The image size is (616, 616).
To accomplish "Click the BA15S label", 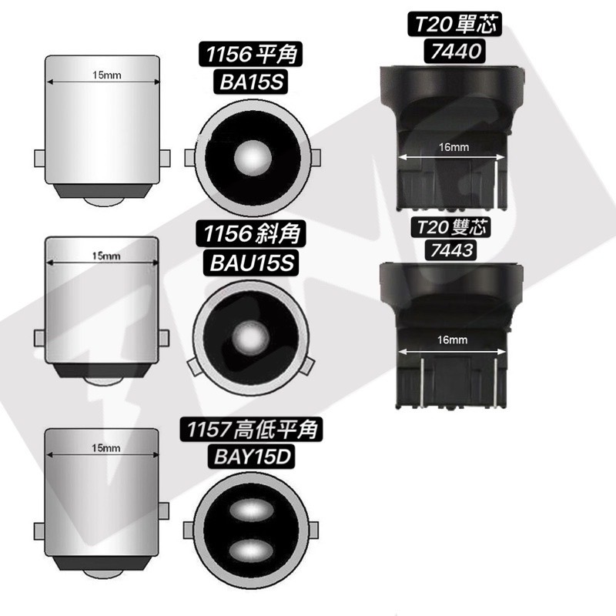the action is point(252,82).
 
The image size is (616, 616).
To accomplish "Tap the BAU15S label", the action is point(252,263).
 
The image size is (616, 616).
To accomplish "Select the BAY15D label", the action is point(252,457).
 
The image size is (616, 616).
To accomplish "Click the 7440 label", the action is point(456,51).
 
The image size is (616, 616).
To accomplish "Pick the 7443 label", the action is point(451,249).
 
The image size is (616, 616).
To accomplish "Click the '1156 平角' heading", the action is point(252,54).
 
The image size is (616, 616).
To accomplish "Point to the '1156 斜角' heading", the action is point(252,233).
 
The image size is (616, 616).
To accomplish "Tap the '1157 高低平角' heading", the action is point(252,429).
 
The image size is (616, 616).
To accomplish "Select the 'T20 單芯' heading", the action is point(456,24).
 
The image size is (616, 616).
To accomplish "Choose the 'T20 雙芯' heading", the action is point(451,227).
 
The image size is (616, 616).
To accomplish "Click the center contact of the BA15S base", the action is point(253,158).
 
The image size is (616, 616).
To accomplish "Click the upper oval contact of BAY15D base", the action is point(251,511).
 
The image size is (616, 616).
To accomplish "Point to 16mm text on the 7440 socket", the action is point(454,147).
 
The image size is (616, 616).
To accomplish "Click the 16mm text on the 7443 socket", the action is point(452,340).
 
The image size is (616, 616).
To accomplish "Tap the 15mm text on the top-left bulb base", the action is point(106,75).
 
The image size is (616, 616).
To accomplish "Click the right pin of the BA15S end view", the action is point(316,158).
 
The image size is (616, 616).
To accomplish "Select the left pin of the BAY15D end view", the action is point(189,531).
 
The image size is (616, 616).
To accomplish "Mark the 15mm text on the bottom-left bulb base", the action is point(106,448).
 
